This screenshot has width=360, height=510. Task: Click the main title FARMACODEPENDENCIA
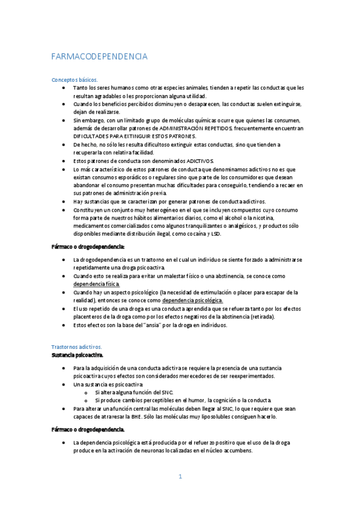click(99, 57)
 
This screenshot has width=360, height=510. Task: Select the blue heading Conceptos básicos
click(75, 79)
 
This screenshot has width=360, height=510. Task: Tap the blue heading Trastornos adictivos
click(77, 347)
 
